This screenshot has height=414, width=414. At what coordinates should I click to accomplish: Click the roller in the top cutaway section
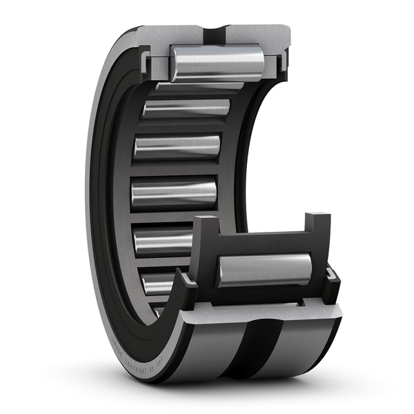point(217,63)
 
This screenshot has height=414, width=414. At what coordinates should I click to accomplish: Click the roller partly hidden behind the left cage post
point(162,241)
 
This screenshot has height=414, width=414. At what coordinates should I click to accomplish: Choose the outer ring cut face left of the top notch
point(176,35)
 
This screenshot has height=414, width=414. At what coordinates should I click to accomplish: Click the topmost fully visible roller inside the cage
point(186,108)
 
